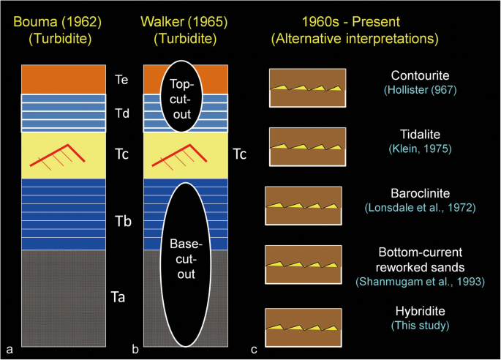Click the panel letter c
click(254, 348)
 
